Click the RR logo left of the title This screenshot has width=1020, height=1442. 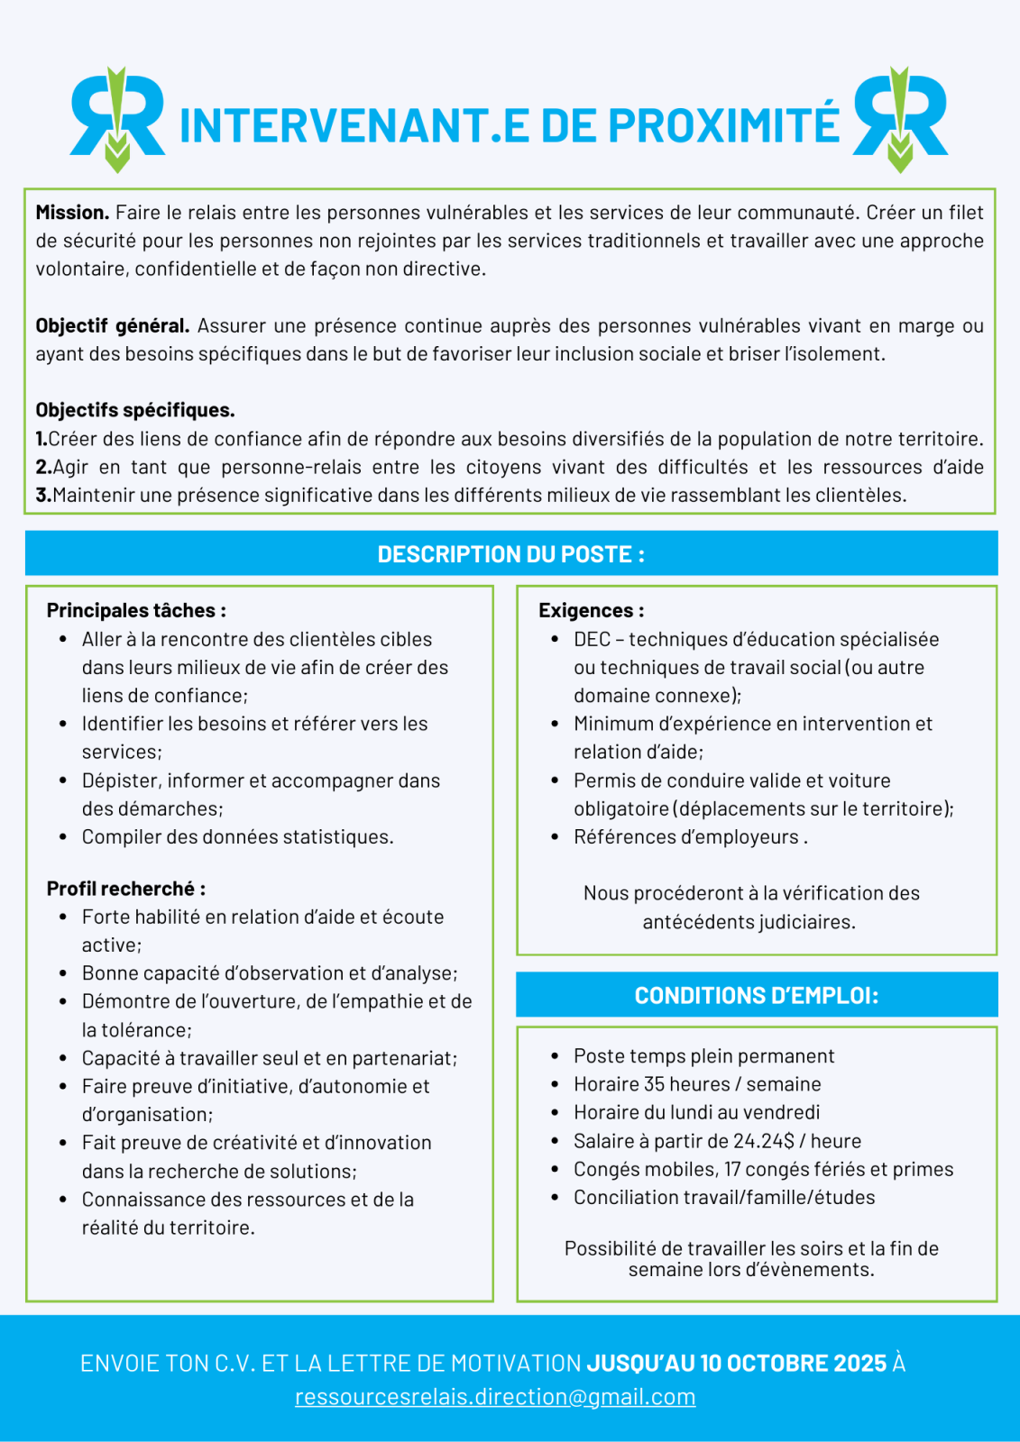coord(117,119)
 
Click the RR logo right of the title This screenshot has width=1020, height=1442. coord(900,119)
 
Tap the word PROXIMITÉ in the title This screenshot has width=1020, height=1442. coord(723,125)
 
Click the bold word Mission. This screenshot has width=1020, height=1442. coord(72,213)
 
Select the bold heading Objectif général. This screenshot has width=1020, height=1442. coord(112,325)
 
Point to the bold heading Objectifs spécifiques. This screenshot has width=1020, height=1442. coord(135,410)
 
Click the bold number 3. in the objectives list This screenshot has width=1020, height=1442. coord(43,495)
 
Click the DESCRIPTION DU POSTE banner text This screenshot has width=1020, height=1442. coord(510,553)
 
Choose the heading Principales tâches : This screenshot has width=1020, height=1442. coord(136,610)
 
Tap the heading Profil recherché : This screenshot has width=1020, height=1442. coord(126,889)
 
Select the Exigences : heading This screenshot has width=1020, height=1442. coord(591,610)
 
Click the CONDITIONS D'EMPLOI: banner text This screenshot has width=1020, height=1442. coord(756,995)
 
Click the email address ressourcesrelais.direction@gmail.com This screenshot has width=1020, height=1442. coord(495,1397)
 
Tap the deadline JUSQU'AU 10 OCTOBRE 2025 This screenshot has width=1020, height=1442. coord(737,1363)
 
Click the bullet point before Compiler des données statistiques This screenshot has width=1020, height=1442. coord(63,837)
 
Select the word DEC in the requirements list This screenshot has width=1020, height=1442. coord(592,639)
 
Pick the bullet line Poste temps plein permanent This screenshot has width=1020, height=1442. coord(703,1056)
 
